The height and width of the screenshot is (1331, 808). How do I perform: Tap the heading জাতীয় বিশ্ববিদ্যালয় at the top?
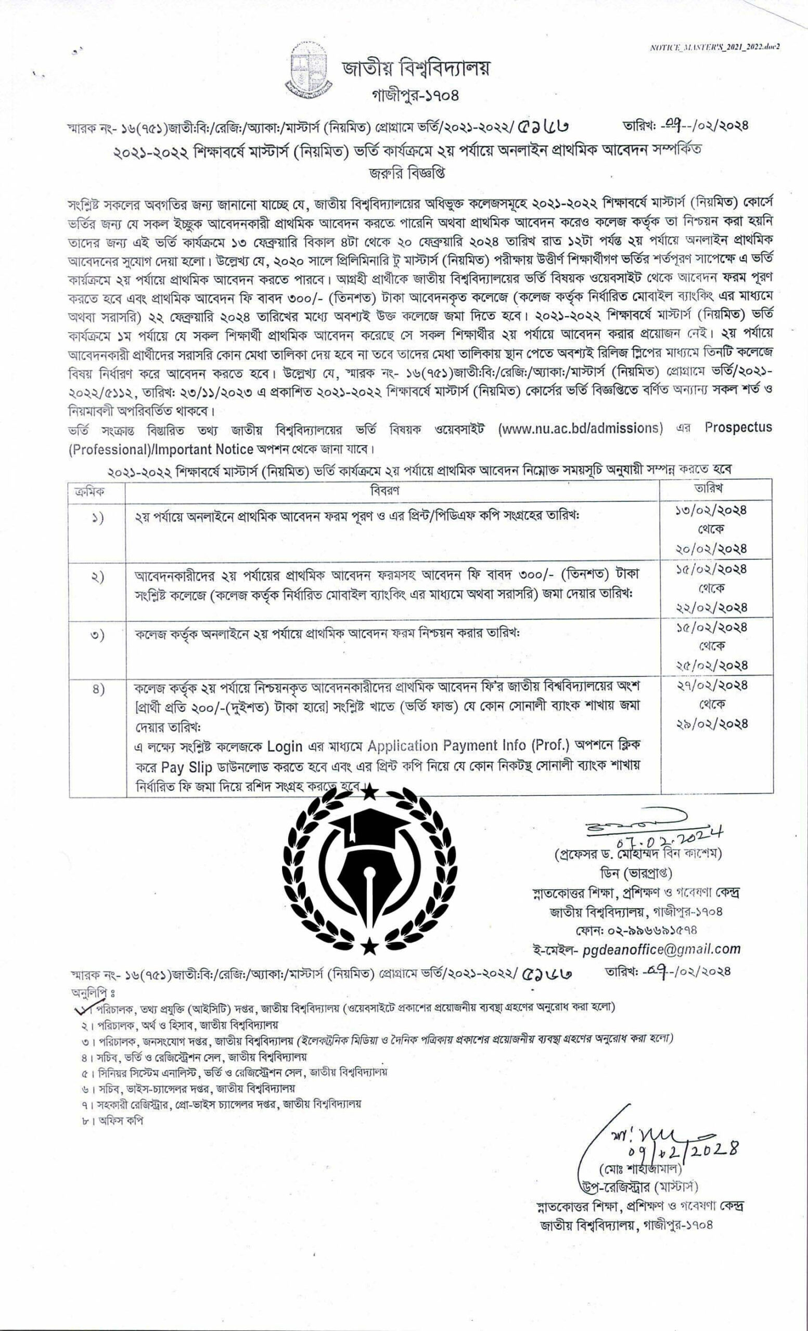point(415,69)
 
